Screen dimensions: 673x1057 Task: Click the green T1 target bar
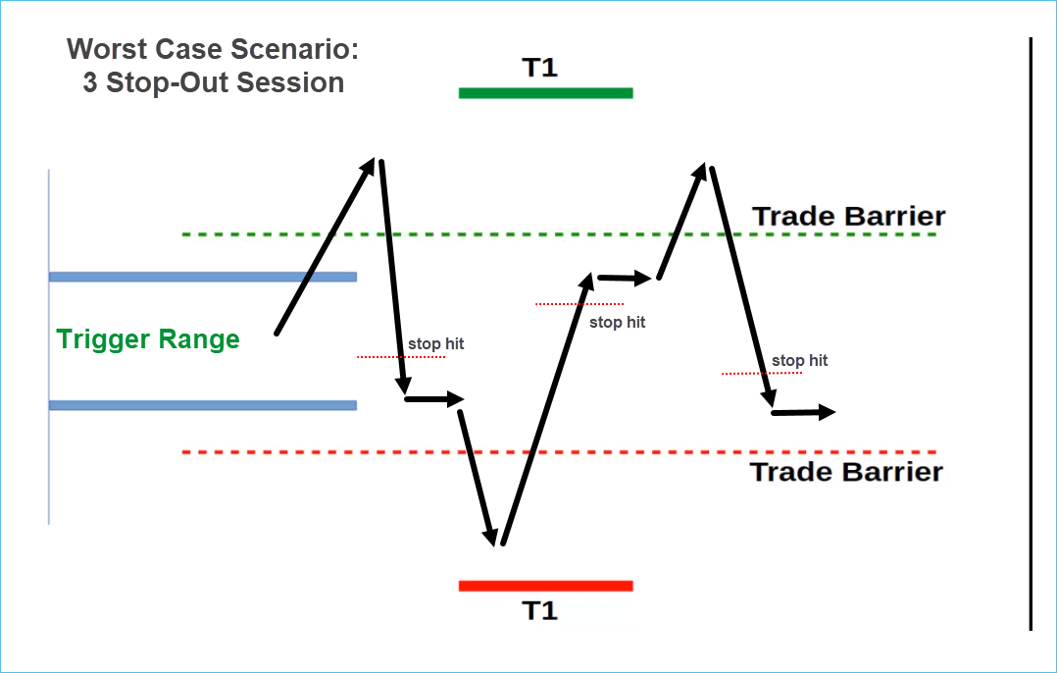[x=545, y=93]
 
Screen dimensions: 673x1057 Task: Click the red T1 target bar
[x=545, y=586]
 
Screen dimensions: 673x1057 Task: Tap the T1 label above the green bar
[x=539, y=68]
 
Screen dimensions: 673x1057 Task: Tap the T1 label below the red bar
[x=539, y=611]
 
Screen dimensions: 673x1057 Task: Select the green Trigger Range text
[x=148, y=339]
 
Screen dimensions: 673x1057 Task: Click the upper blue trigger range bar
[x=202, y=277]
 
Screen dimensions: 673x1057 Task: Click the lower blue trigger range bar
[x=202, y=405]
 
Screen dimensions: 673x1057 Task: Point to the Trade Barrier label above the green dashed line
[x=848, y=216]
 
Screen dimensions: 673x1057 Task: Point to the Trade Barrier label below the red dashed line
[x=846, y=472]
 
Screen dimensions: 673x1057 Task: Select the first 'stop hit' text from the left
[x=435, y=344]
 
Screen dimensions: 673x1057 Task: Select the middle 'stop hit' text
[x=617, y=322]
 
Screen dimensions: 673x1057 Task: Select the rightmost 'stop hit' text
[x=799, y=361]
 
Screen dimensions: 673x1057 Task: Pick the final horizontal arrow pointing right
[x=803, y=413]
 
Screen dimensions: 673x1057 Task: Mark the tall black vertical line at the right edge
[x=1031, y=334]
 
